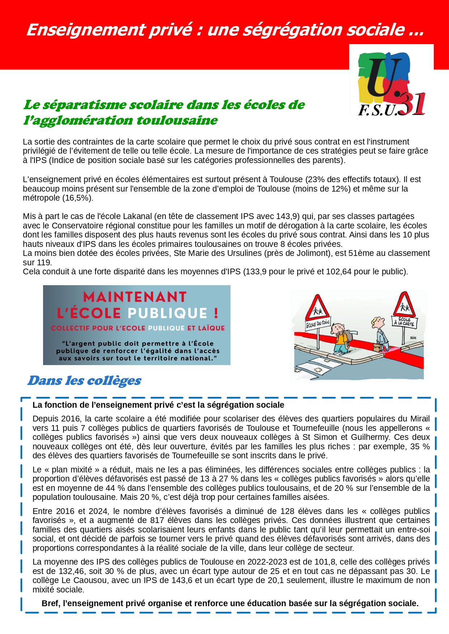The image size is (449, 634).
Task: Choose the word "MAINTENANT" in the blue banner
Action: tap(135, 297)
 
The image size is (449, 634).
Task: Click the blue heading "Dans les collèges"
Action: tap(84, 381)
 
